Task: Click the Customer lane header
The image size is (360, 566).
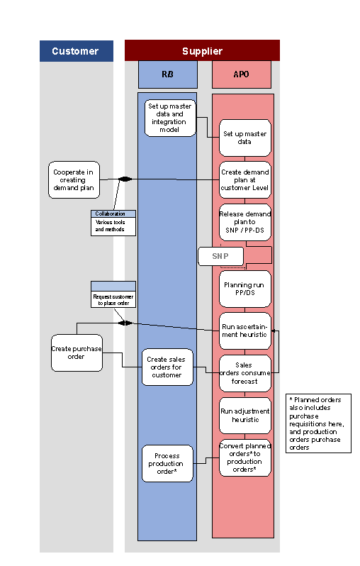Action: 75,51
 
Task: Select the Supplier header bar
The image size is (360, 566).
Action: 202,51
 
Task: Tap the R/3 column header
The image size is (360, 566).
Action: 167,74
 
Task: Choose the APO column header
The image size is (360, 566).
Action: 241,74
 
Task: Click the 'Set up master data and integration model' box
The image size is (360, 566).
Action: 170,118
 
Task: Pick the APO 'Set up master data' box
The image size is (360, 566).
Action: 245,138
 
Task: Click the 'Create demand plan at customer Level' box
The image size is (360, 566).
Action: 245,179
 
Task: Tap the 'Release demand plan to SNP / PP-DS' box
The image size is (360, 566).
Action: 245,222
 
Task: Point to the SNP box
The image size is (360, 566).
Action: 220,256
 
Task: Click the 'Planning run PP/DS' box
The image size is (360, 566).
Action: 245,289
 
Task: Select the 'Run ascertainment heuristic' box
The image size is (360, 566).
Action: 245,330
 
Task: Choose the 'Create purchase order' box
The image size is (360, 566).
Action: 77,353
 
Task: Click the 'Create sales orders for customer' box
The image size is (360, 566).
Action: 167,367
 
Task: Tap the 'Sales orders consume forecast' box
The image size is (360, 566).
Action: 245,373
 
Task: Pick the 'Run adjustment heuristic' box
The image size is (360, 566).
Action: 245,415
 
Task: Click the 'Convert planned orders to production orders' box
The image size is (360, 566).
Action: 245,457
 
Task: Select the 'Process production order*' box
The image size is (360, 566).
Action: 167,463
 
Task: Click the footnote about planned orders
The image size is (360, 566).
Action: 320,423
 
